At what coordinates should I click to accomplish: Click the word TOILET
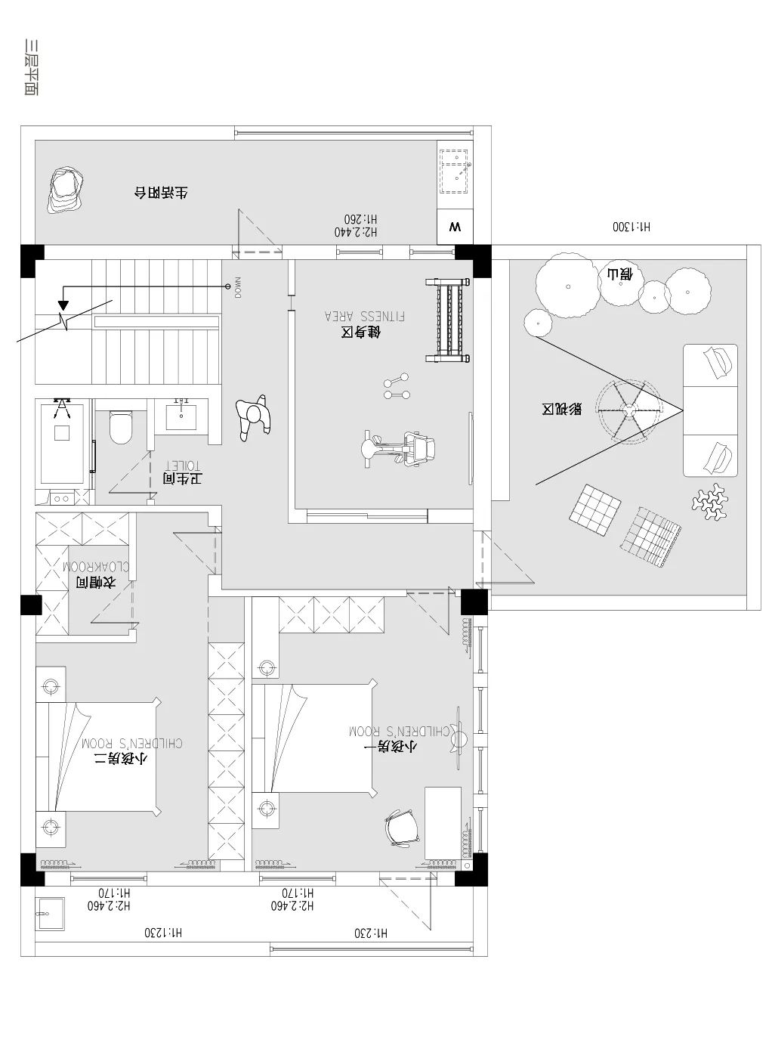[x=181, y=466]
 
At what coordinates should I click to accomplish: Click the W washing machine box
[x=455, y=227]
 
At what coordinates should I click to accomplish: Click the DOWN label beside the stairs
[x=237, y=287]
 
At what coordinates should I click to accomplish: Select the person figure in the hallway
[x=253, y=417]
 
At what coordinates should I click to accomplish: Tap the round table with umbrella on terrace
[x=628, y=410]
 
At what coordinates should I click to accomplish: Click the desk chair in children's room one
[x=401, y=828]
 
